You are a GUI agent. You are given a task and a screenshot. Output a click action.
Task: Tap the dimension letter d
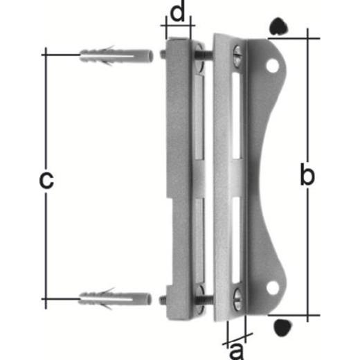(177, 13)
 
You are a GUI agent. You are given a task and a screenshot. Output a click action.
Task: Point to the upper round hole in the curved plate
(273, 66)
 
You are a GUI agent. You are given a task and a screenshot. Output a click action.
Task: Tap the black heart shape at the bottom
(282, 326)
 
